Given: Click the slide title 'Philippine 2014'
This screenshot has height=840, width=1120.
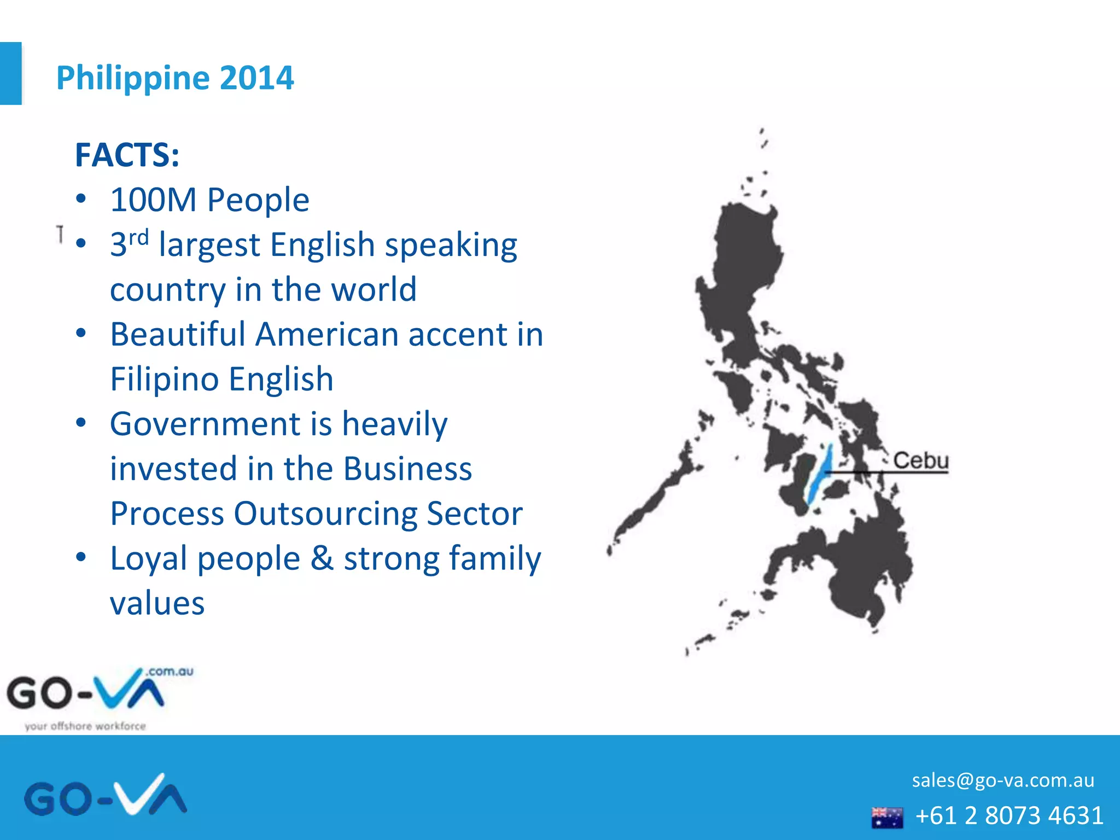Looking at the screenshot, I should pyautogui.click(x=175, y=78).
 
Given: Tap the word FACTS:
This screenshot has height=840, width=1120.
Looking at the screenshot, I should pyautogui.click(x=127, y=155).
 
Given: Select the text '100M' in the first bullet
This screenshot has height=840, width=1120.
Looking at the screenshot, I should pyautogui.click(x=153, y=200).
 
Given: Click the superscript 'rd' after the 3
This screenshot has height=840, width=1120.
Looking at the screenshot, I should pyautogui.click(x=138, y=238).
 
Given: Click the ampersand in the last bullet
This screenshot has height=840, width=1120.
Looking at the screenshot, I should pyautogui.click(x=322, y=559).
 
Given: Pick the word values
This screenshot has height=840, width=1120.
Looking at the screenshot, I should pyautogui.click(x=157, y=604).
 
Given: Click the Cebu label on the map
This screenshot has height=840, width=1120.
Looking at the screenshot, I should pyautogui.click(x=920, y=460).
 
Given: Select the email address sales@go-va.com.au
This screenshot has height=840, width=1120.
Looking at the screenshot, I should pyautogui.click(x=1002, y=780).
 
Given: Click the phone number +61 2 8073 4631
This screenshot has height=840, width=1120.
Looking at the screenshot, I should pyautogui.click(x=1009, y=815).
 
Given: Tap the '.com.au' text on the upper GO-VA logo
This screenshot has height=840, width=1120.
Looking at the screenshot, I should pyautogui.click(x=170, y=672).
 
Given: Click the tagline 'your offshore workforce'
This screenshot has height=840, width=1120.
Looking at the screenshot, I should pyautogui.click(x=85, y=726).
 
